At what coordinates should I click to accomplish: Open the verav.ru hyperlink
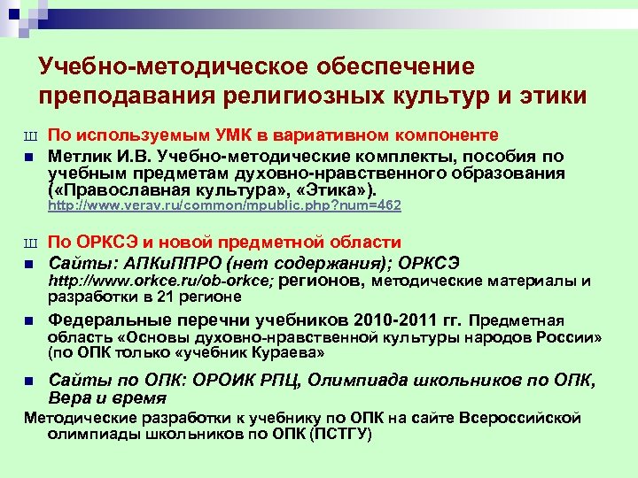click(x=223, y=205)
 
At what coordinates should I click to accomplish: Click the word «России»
click(x=578, y=336)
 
